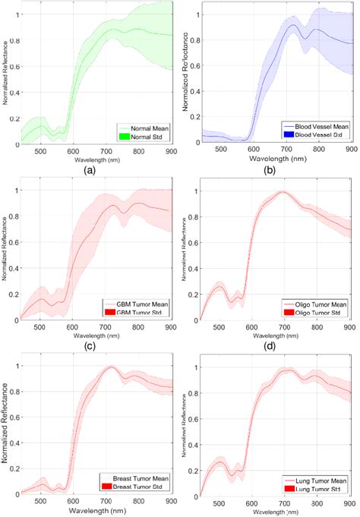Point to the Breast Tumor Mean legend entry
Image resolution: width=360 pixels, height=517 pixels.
pyautogui.click(x=138, y=479)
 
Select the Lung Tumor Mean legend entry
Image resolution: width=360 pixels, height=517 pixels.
pyautogui.click(x=320, y=481)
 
